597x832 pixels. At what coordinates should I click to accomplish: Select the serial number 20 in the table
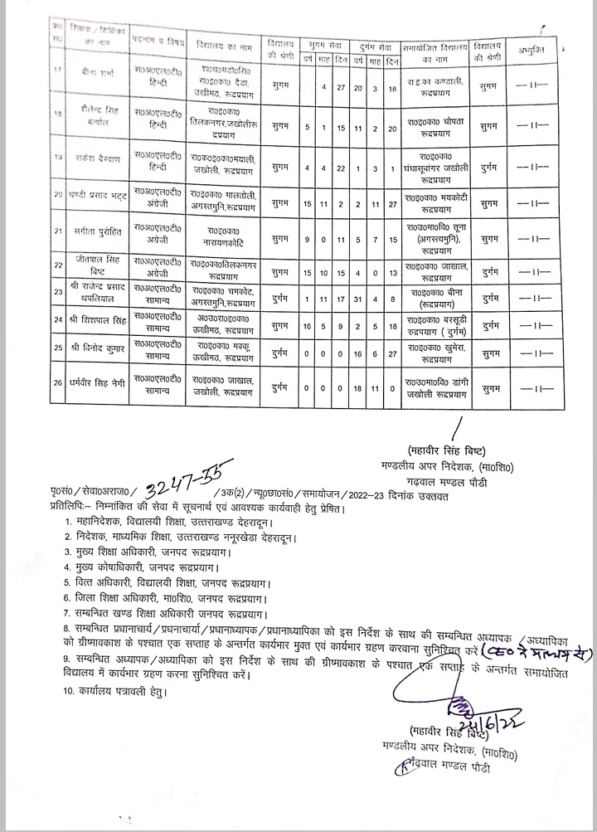click(58, 197)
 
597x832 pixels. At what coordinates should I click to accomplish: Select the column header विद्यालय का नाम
click(222, 46)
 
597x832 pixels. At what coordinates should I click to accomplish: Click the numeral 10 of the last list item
click(70, 689)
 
